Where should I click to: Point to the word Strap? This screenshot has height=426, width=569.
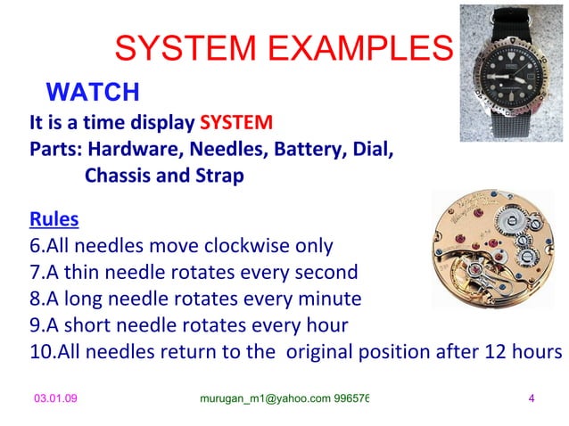[215, 175]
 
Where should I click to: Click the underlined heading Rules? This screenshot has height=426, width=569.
[54, 218]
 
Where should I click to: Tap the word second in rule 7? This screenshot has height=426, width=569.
[324, 272]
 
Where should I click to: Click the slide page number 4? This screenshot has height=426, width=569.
[532, 397]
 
